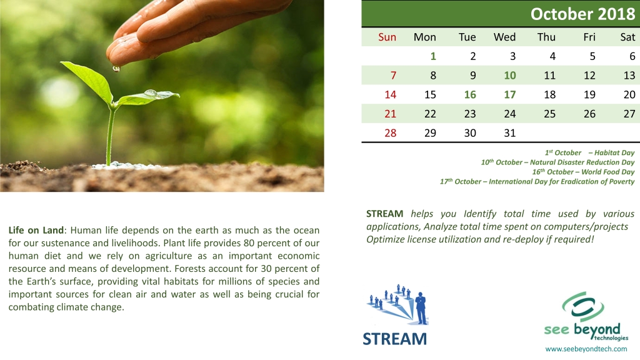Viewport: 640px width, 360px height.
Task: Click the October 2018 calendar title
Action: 583,14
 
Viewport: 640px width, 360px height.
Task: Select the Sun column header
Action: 387,37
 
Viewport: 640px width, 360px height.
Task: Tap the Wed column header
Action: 504,37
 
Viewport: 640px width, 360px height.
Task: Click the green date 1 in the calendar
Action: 433,56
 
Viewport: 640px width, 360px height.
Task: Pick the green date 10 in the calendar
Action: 510,76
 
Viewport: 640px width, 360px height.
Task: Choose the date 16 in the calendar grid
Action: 470,95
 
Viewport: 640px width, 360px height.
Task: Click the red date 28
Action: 390,133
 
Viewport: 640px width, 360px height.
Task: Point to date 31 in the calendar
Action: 510,133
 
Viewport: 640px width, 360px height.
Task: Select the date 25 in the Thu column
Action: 549,114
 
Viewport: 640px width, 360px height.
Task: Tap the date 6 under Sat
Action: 632,56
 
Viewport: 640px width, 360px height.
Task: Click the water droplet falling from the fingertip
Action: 116,69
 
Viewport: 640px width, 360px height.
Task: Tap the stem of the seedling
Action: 110,135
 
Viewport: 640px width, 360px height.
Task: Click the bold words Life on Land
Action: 36,230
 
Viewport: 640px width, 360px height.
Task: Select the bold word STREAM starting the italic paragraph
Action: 384,214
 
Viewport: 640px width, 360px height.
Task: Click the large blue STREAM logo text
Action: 395,339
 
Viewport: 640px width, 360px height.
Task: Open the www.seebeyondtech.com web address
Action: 586,349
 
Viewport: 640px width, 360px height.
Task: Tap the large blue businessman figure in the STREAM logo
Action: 421,308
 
